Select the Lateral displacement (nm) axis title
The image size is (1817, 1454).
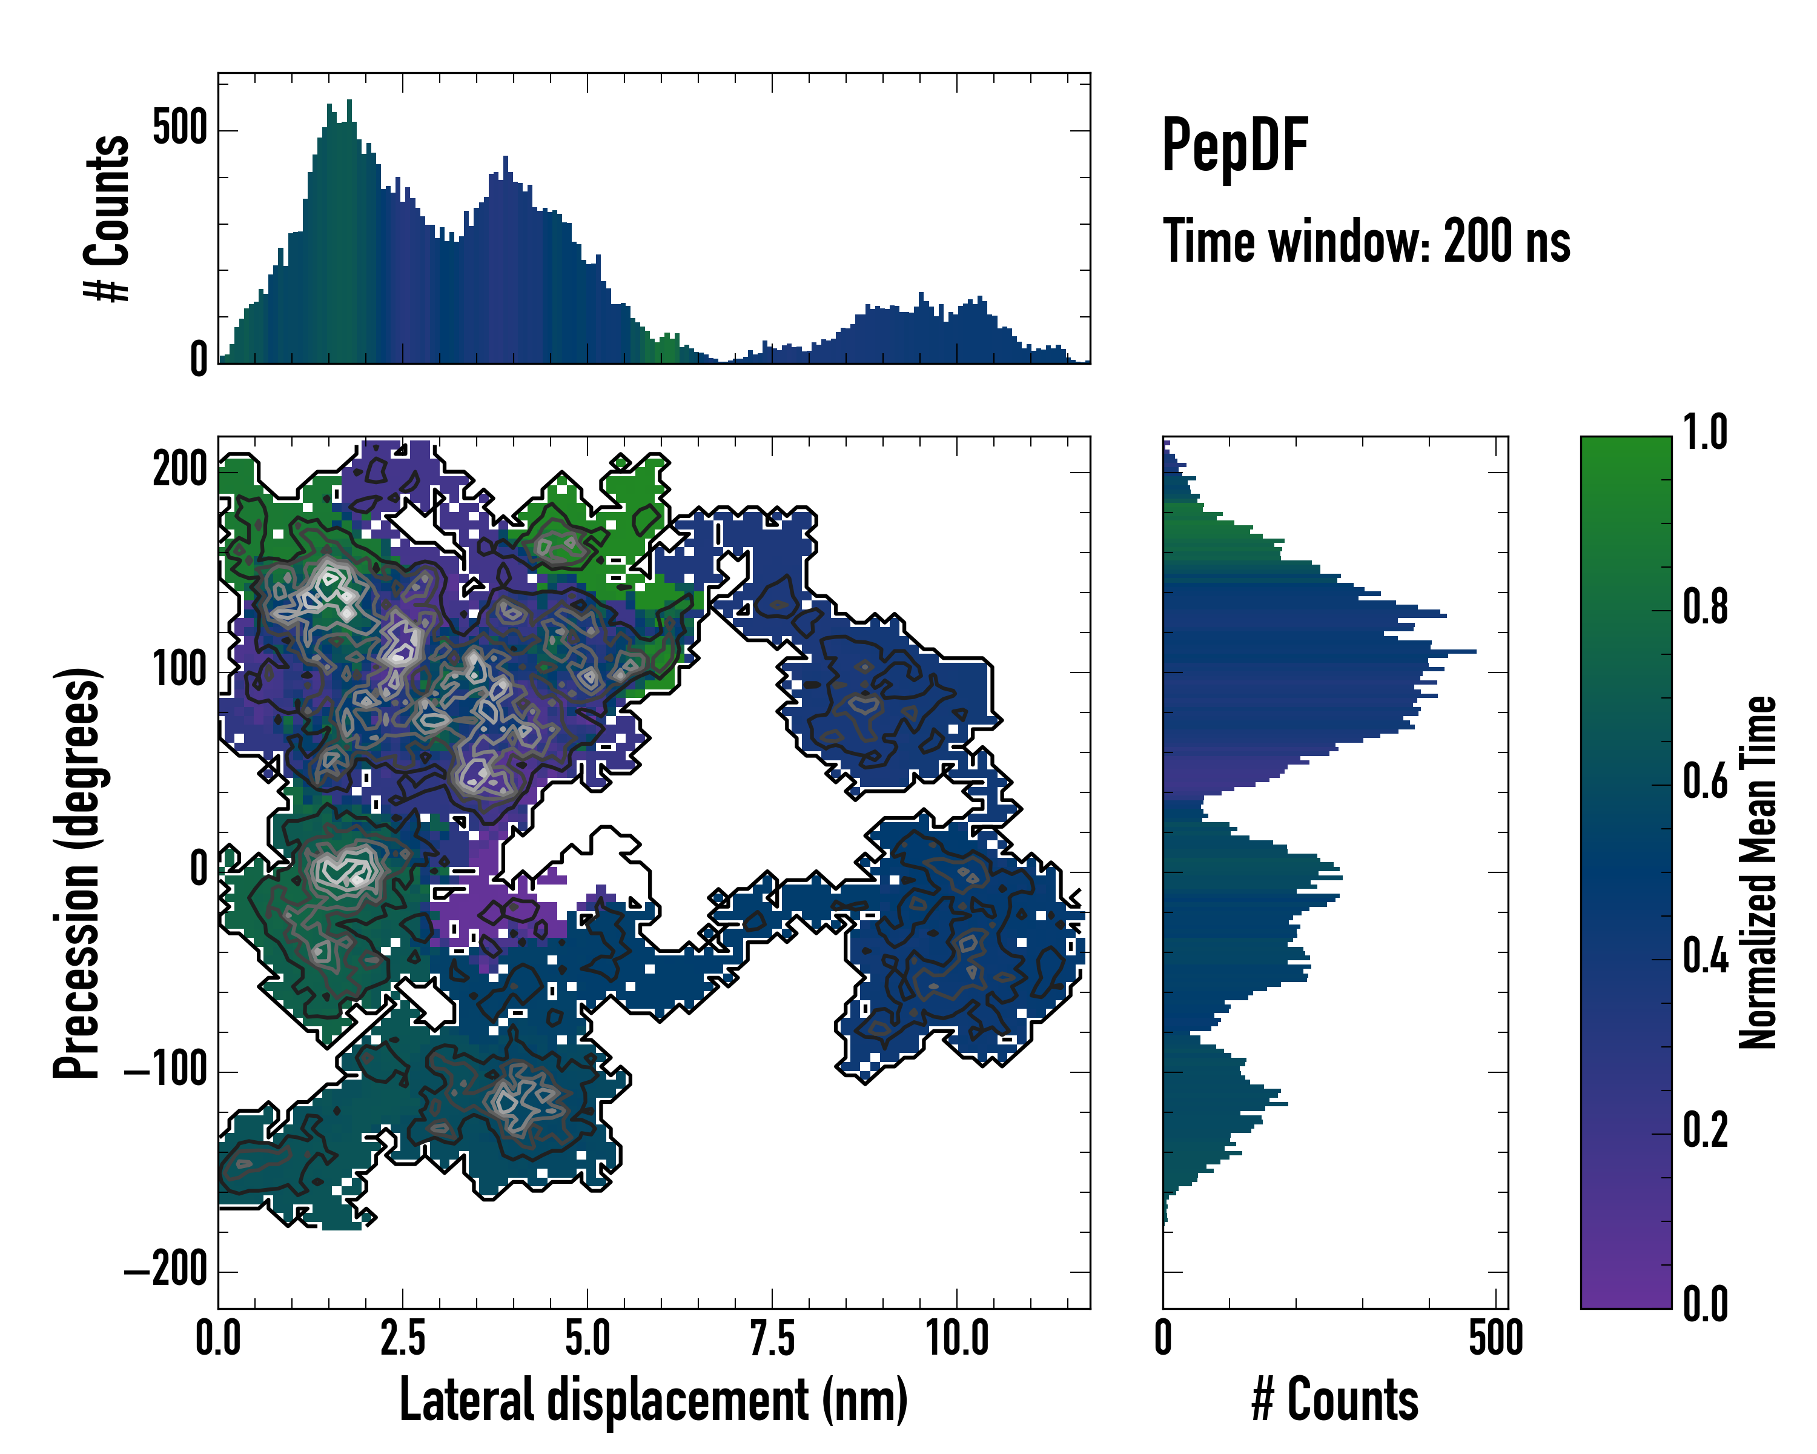[653, 1399]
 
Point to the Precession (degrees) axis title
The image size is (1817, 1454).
[78, 872]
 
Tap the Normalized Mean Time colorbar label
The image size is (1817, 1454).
[1758, 872]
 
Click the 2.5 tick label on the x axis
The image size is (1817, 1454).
[402, 1338]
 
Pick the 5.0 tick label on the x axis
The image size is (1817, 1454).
[587, 1338]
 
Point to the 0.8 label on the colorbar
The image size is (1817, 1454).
[1705, 607]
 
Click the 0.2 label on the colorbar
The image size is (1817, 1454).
[1705, 1130]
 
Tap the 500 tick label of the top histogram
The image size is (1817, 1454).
[179, 129]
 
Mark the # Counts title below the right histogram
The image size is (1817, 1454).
[1335, 1399]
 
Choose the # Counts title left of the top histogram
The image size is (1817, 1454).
[108, 218]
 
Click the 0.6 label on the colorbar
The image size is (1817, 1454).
[1705, 782]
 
